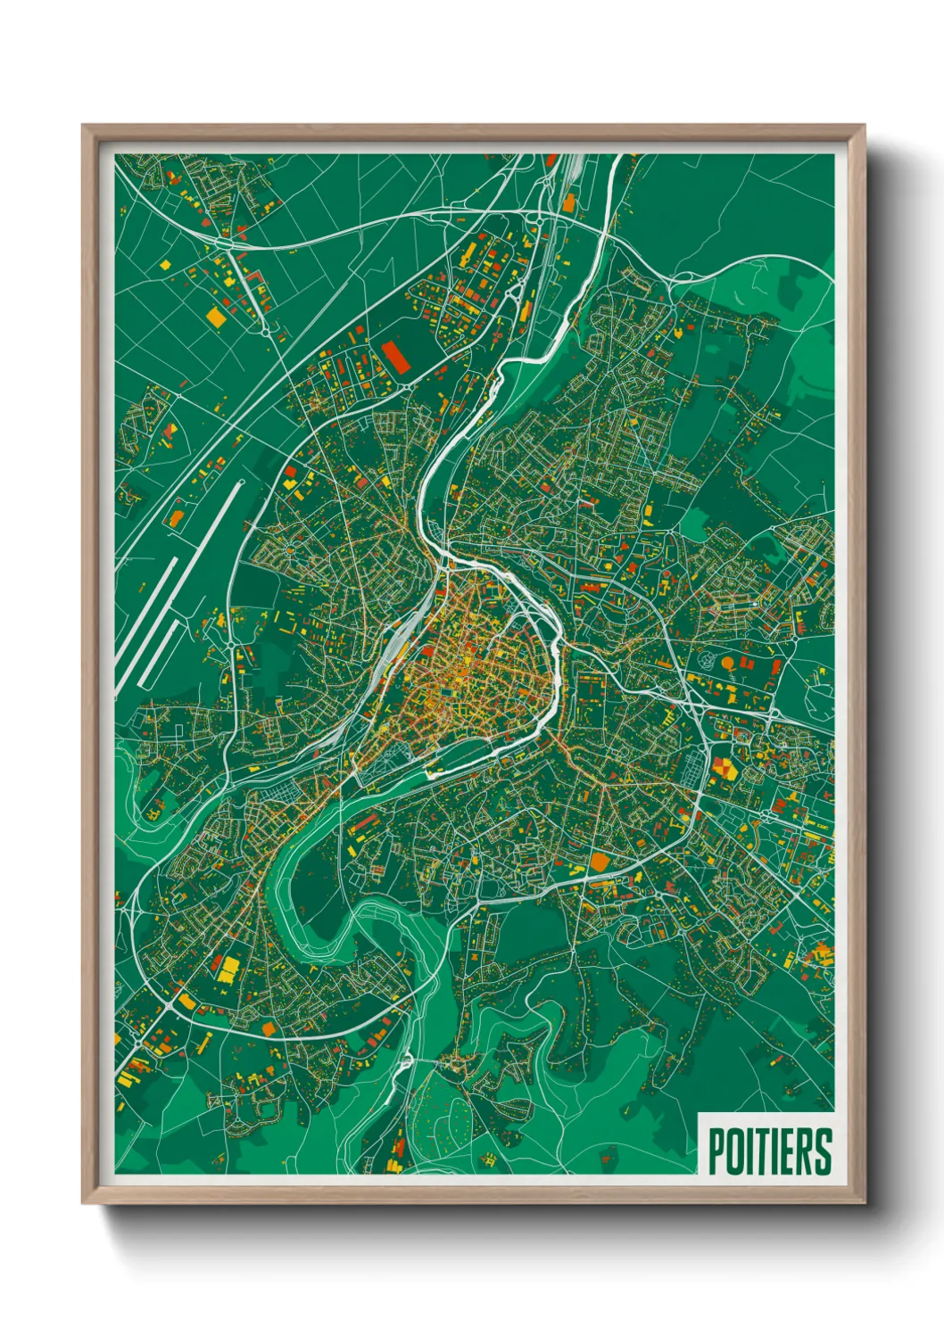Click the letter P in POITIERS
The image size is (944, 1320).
coord(716,1151)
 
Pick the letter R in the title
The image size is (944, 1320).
coord(802,1151)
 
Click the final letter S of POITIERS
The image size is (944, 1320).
coord(822,1151)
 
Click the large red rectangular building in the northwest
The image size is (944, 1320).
coord(395,354)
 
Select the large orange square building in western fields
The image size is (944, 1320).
coord(215,316)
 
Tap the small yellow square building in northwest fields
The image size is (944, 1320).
coord(165,264)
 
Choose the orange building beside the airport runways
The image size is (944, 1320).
coord(176,516)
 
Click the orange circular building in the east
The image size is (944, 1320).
coord(728,664)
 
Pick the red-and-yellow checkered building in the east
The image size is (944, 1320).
coord(723,766)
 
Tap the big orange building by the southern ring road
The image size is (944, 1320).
coord(599,862)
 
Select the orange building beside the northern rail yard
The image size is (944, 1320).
coord(568,203)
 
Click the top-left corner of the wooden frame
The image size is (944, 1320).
coord(83,126)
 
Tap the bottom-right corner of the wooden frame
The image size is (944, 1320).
coord(865,1203)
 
